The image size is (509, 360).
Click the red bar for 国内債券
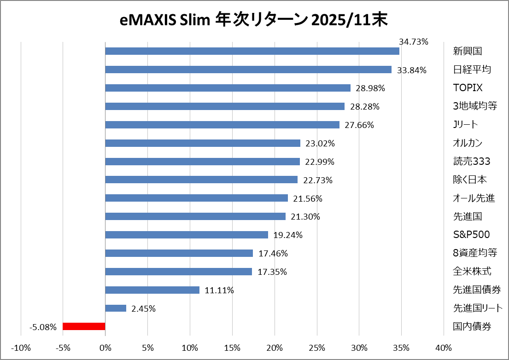(84, 326)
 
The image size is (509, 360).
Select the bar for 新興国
(252, 51)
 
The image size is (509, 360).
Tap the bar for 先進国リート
(116, 308)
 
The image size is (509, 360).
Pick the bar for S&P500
(187, 235)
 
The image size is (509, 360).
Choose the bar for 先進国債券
(152, 290)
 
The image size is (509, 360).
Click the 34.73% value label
(413, 42)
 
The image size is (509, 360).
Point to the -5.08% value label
(43, 327)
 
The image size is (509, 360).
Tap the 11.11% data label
(219, 290)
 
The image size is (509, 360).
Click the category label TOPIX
(468, 88)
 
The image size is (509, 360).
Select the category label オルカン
(468, 143)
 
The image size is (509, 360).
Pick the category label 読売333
(471, 162)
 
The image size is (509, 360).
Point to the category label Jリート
(465, 125)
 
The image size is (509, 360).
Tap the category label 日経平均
(472, 70)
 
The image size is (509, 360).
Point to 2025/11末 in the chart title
(349, 20)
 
